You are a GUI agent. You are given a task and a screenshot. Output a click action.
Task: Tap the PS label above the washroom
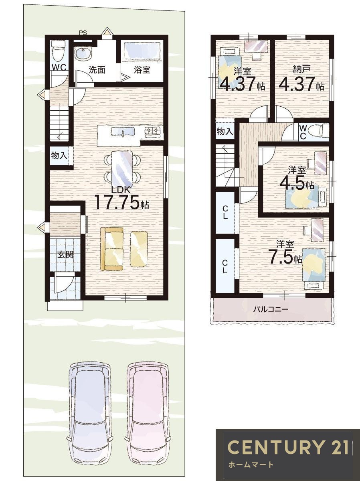tap(83, 33)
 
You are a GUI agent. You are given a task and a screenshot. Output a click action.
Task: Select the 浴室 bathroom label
tap(142, 70)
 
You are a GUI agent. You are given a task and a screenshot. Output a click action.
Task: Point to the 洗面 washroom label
tap(97, 70)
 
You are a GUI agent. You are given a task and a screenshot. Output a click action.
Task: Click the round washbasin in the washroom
tap(83, 54)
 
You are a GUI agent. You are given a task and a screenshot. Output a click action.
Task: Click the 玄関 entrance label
tap(65, 254)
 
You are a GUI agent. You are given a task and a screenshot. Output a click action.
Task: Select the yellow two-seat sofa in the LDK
tap(111, 249)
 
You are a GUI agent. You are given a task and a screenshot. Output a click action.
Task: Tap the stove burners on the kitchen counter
tap(153, 131)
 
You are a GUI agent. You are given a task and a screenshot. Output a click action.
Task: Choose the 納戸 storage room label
tap(301, 69)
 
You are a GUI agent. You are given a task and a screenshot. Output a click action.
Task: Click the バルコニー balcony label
tap(271, 309)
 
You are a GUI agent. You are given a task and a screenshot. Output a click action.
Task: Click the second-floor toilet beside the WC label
tap(319, 131)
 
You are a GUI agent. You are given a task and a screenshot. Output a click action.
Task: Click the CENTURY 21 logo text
tap(288, 446)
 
